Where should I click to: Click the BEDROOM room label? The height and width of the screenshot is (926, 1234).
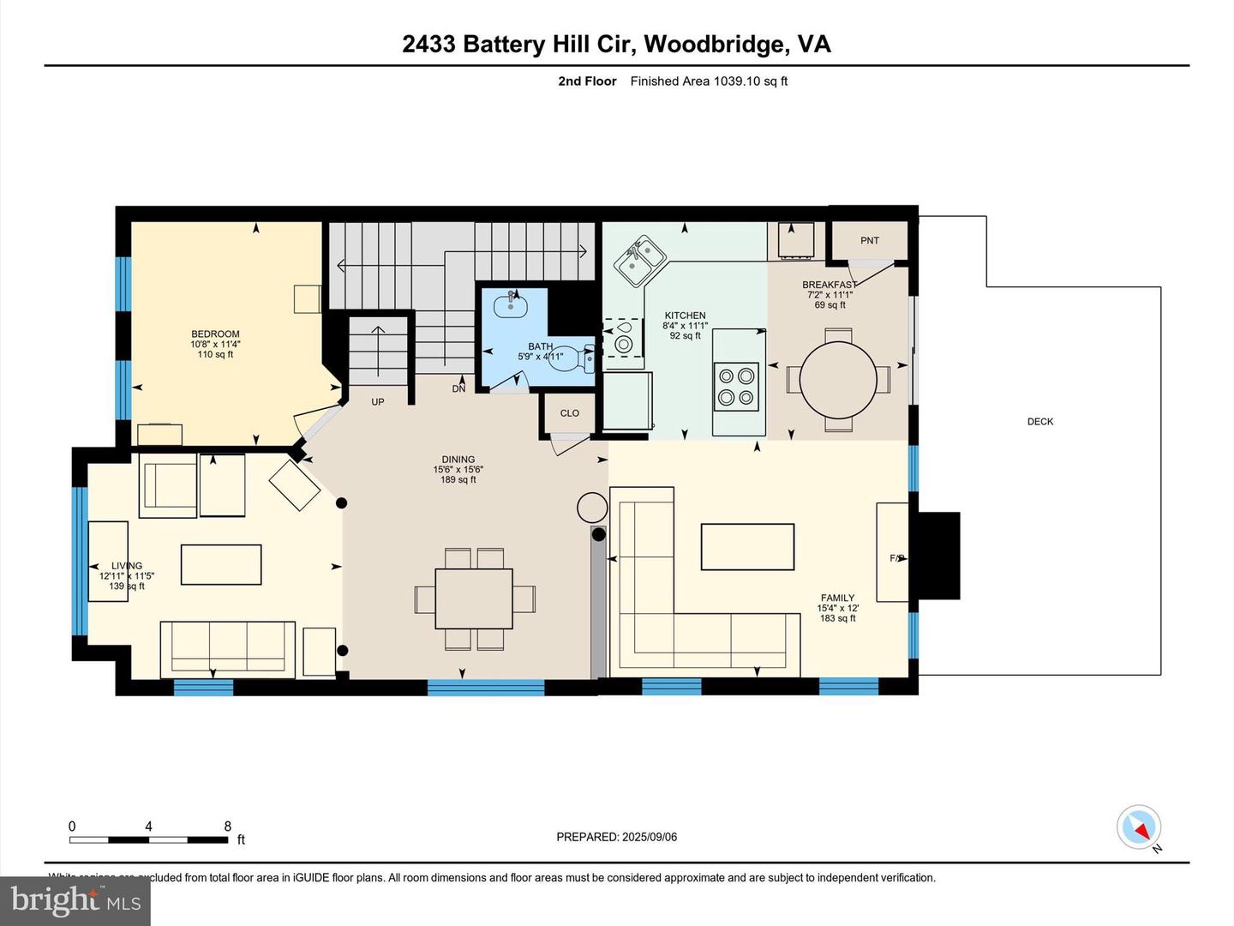tap(215, 334)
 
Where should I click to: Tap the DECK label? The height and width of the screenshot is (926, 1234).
tap(1039, 422)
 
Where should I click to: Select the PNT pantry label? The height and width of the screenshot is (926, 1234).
tap(869, 241)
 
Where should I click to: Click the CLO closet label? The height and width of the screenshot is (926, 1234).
tap(569, 413)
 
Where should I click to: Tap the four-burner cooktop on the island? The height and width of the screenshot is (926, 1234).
tap(737, 386)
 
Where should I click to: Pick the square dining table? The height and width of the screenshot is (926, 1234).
tap(474, 598)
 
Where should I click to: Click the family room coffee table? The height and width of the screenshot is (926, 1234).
tap(747, 547)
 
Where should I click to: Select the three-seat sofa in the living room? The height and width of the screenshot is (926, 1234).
tap(227, 646)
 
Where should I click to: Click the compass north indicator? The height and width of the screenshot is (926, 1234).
tap(1139, 828)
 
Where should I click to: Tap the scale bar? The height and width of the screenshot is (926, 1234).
tap(149, 839)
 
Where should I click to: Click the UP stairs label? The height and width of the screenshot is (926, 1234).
tap(377, 402)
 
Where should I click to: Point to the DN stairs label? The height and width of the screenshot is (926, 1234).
tap(458, 389)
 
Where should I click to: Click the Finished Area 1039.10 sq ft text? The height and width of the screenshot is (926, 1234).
tap(709, 81)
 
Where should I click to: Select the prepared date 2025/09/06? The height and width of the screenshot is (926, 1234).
tap(616, 837)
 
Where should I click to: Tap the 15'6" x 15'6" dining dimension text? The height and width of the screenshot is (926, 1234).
tap(458, 470)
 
